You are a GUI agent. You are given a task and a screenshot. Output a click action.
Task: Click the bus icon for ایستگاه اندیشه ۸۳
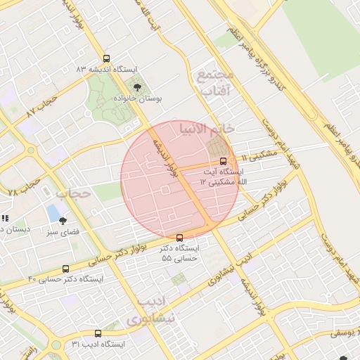click(x=106, y=59)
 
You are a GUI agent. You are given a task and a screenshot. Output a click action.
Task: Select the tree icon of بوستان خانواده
click(x=137, y=87)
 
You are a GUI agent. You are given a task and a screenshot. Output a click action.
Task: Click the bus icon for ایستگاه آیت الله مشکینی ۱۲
click(x=224, y=160)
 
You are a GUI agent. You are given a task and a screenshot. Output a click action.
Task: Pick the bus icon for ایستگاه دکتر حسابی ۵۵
click(x=179, y=238)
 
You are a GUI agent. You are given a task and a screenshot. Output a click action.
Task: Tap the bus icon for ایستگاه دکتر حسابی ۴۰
click(x=66, y=269)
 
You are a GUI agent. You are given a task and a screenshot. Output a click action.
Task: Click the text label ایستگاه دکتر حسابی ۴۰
click(x=65, y=279)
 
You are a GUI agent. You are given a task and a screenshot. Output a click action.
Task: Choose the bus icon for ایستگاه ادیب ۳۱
click(x=98, y=333)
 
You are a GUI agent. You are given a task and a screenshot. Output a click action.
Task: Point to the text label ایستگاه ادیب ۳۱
click(x=98, y=345)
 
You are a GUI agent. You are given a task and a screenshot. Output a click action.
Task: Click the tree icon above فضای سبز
click(x=63, y=221)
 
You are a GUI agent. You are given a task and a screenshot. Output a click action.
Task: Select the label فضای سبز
click(x=63, y=231)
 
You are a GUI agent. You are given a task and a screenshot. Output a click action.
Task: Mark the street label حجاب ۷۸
click(x=21, y=187)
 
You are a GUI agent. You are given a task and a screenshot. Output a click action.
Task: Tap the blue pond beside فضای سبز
click(x=53, y=212)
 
